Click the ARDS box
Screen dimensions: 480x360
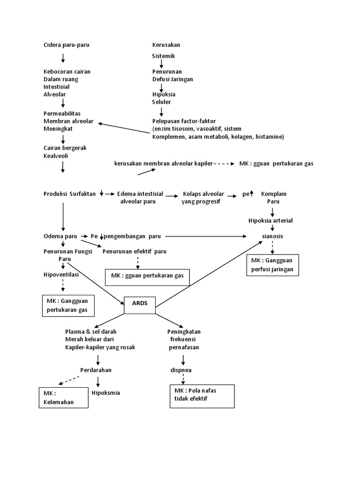140,305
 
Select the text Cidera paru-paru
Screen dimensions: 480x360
66,45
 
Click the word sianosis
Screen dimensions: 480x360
272,236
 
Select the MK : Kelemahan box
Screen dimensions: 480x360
63,397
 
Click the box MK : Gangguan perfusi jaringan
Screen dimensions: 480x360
273,265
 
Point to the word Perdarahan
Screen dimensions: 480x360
96,370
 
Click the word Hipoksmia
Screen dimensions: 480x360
106,393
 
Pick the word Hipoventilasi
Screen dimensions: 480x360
61,275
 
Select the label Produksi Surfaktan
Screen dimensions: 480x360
70,194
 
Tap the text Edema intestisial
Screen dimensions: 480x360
140,194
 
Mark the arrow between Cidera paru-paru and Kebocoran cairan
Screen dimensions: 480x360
63,58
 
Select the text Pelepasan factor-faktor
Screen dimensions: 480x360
184,121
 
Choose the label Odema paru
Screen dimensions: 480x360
60,236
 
